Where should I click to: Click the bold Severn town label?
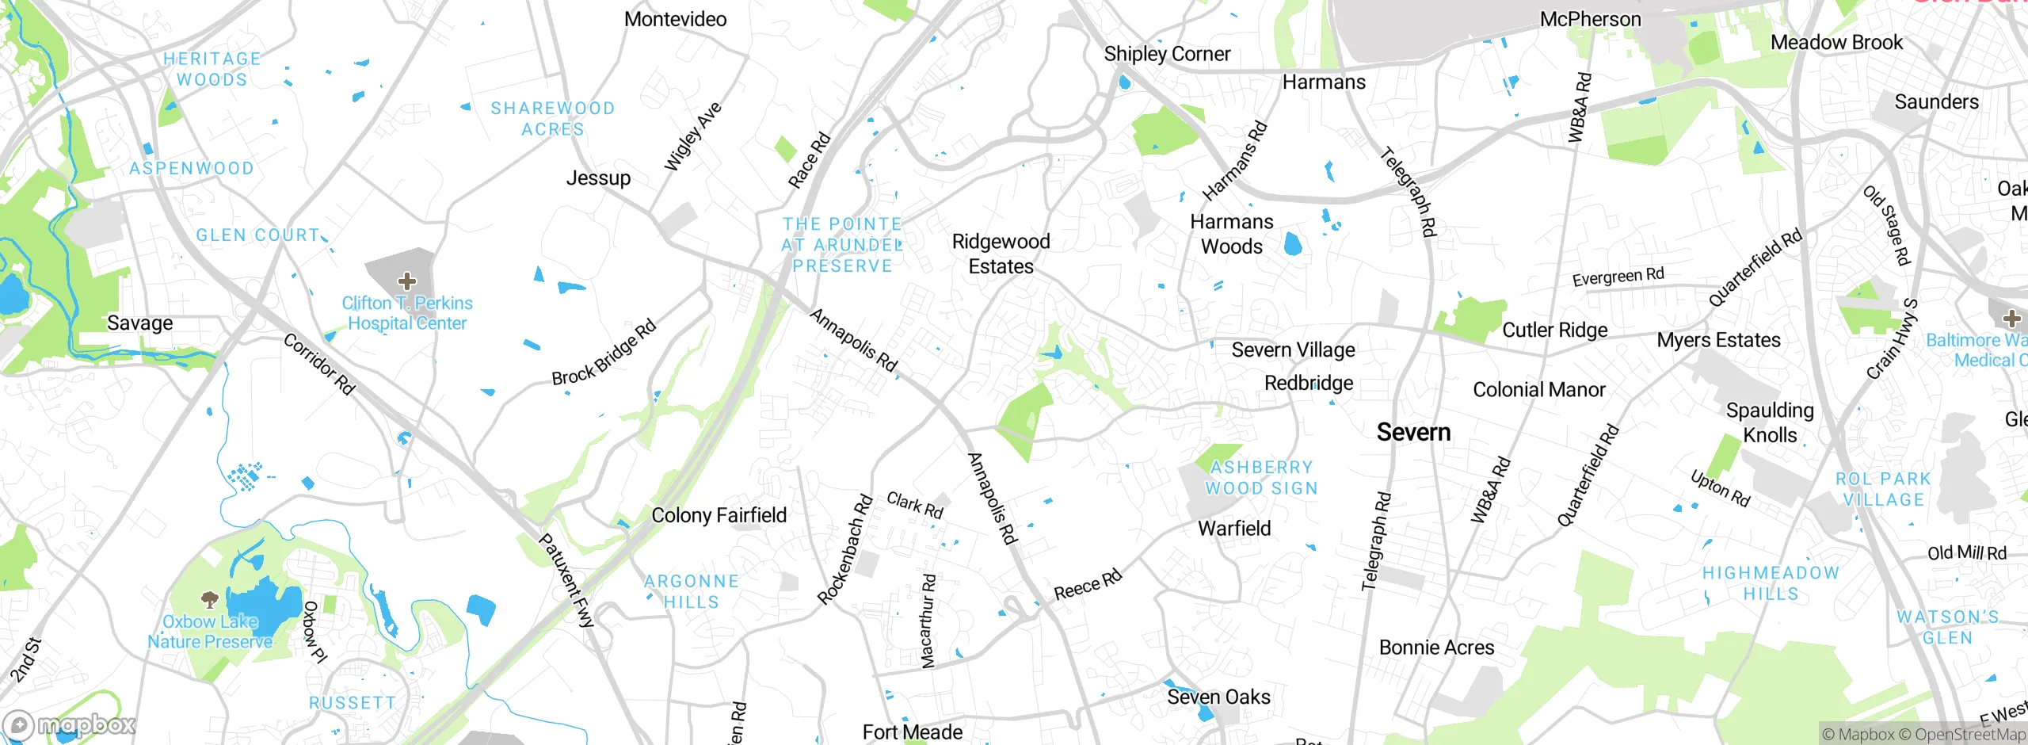click(1413, 432)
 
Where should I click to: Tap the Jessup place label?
click(598, 178)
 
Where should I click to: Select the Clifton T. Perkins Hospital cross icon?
click(407, 281)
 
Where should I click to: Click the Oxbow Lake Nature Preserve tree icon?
click(209, 598)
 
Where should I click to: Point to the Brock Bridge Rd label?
click(604, 352)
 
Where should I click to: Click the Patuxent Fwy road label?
click(566, 580)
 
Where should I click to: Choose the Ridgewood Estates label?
click(1001, 254)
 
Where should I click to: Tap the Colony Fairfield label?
click(719, 515)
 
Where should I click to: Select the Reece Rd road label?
click(1088, 585)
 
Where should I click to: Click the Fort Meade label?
click(912, 732)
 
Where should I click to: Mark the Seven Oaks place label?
click(1218, 697)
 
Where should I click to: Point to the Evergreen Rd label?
click(1618, 277)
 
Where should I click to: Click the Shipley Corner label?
click(1167, 54)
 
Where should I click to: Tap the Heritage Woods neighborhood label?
click(212, 69)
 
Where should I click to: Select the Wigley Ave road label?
click(692, 136)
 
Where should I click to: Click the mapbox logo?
click(70, 724)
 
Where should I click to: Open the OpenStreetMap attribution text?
click(1969, 735)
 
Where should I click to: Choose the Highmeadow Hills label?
click(1771, 583)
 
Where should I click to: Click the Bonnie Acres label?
click(1436, 648)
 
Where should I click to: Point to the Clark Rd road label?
click(915, 505)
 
